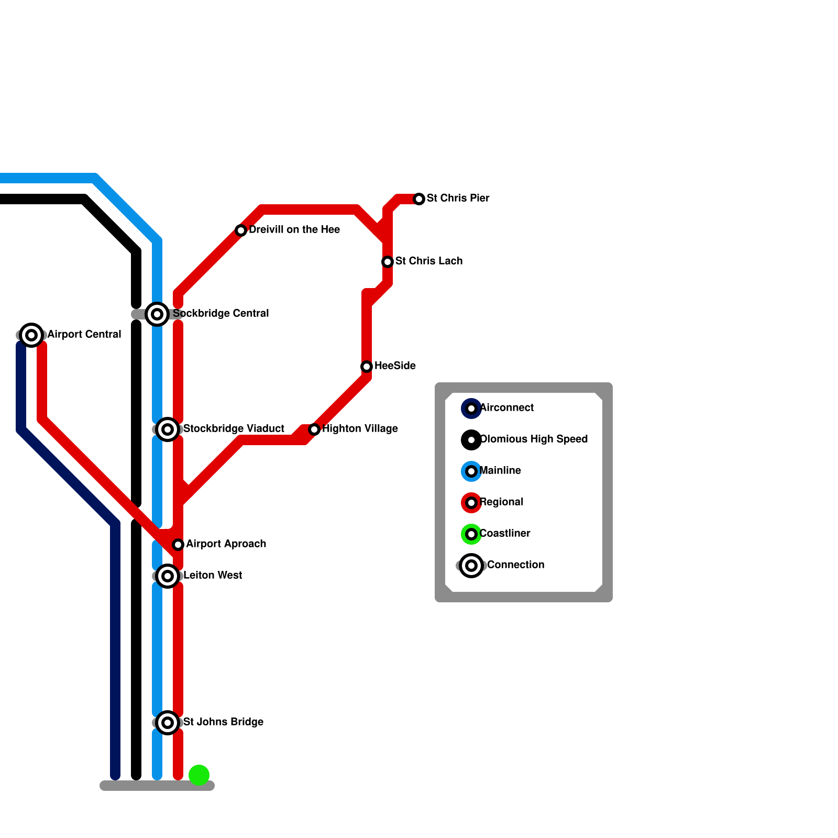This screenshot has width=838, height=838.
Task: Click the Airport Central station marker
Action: click(x=31, y=335)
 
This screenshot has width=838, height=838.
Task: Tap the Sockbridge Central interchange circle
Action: click(x=157, y=314)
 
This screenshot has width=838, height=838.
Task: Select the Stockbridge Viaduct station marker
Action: click(x=168, y=429)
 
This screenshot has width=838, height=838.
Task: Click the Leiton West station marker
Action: click(x=168, y=576)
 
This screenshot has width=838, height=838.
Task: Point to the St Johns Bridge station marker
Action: click(x=168, y=723)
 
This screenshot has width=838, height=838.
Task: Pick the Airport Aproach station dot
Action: click(x=178, y=545)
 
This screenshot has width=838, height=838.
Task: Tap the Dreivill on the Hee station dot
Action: click(x=241, y=230)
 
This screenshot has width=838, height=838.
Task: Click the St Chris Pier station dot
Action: click(x=419, y=199)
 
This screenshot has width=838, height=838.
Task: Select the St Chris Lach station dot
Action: click(x=388, y=262)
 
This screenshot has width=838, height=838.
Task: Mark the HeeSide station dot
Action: click(x=367, y=367)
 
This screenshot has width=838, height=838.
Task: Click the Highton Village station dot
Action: click(x=314, y=429)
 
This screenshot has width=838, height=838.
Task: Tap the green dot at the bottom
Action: click(x=199, y=775)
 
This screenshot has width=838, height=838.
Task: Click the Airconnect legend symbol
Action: click(x=471, y=409)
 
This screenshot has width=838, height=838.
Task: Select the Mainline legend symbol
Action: click(x=471, y=471)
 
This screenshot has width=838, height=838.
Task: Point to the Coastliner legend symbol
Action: click(x=471, y=534)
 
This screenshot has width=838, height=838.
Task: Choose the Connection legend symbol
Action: click(x=471, y=566)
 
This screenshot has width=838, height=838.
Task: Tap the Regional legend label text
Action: click(x=501, y=502)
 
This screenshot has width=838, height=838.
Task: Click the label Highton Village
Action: click(x=360, y=429)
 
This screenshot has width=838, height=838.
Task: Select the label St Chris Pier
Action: click(x=458, y=199)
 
